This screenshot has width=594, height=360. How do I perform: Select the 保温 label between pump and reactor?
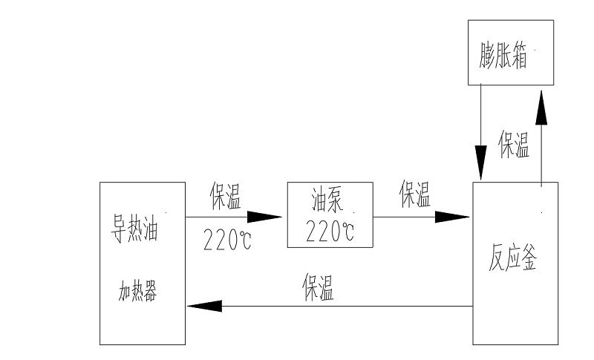[x=415, y=194]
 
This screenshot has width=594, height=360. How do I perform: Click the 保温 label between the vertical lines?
[x=514, y=145]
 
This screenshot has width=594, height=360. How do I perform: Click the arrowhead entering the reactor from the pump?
[x=453, y=217]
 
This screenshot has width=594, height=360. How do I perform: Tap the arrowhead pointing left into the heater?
[x=203, y=306]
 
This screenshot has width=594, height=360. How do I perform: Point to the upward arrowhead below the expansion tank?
[x=541, y=108]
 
